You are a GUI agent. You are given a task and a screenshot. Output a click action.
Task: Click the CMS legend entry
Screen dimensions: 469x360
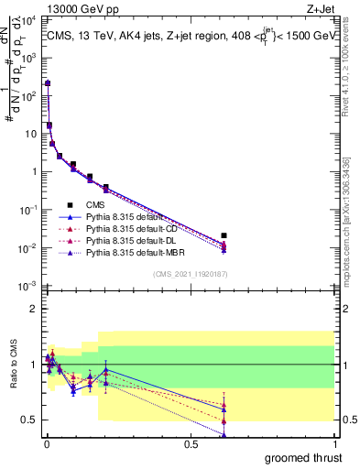pyautogui.click(x=94, y=205)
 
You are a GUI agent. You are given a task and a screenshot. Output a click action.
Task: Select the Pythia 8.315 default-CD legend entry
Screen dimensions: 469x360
pyautogui.click(x=129, y=228)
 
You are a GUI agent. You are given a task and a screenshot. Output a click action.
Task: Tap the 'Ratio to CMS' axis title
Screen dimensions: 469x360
pyautogui.click(x=14, y=374)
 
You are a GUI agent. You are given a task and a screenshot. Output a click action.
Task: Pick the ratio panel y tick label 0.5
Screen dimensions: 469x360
pyautogui.click(x=31, y=420)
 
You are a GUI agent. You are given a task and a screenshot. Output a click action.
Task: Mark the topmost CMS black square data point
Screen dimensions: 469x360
pyautogui.click(x=47, y=83)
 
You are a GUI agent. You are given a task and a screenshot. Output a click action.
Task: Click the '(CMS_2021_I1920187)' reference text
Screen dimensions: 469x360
pyautogui.click(x=190, y=274)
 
